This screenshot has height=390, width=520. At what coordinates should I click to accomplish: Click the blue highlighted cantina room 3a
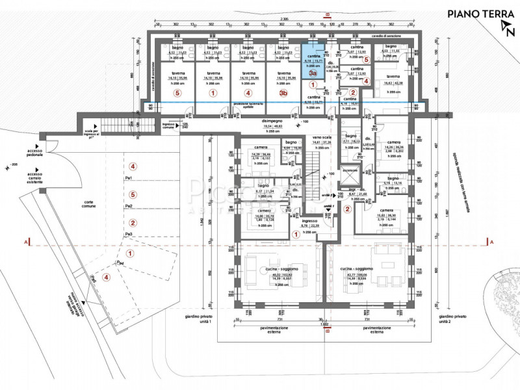coord(313,62)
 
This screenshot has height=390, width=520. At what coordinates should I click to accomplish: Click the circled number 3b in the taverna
coord(283,93)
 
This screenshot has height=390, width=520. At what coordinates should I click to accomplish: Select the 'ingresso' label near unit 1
coord(309,221)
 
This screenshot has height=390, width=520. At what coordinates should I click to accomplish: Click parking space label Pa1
coord(130,178)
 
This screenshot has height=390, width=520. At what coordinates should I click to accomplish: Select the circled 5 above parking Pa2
coord(132,194)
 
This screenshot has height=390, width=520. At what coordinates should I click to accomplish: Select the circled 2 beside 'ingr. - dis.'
coord(348,209)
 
